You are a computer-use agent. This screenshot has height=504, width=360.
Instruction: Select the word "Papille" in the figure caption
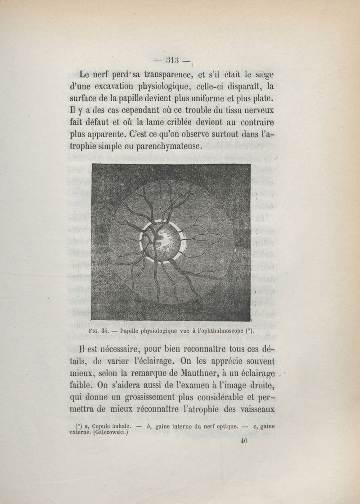tap(131, 331)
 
